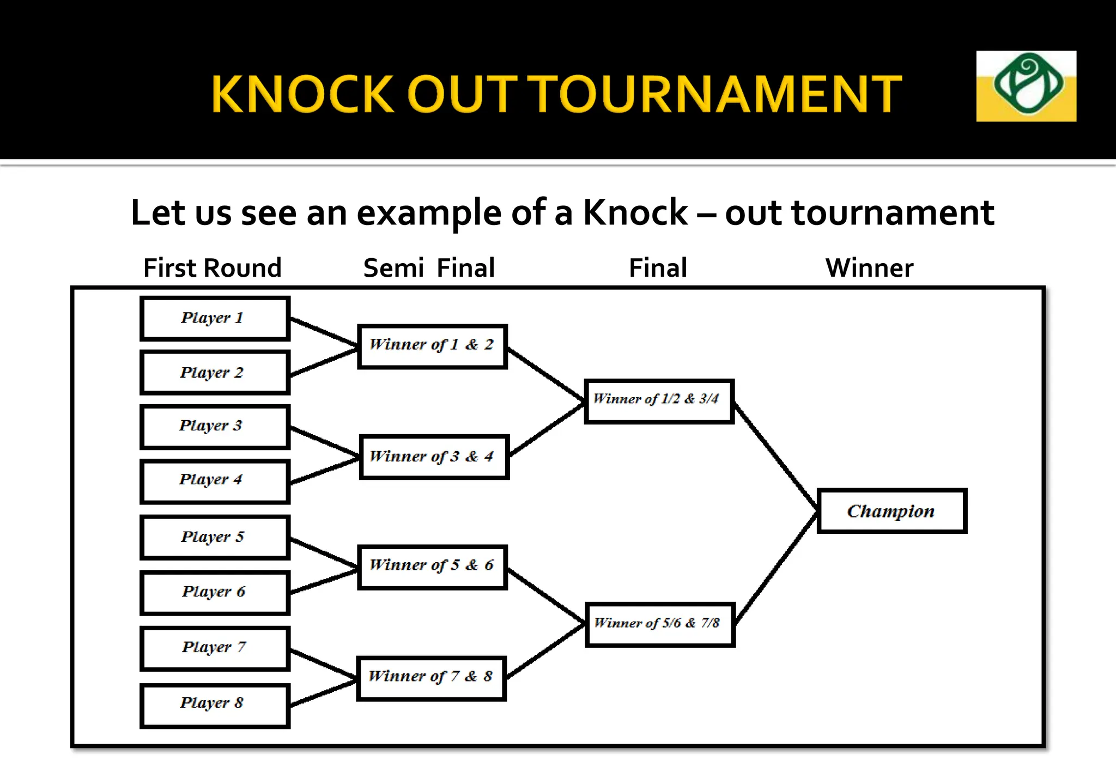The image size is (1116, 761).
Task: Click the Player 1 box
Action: click(x=215, y=319)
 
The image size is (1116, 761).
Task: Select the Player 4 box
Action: click(x=215, y=481)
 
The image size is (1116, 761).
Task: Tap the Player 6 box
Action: click(x=215, y=593)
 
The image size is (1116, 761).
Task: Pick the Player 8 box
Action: click(x=215, y=705)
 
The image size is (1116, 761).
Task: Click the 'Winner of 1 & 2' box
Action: click(x=432, y=346)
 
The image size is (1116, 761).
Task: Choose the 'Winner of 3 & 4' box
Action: click(x=434, y=457)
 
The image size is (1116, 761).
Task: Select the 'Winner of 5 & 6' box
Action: click(x=432, y=567)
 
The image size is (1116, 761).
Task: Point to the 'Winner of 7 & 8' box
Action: click(x=431, y=678)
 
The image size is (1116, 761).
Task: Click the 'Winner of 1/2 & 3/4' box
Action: click(x=659, y=401)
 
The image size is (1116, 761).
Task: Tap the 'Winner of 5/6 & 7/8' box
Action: click(x=660, y=624)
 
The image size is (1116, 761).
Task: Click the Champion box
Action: click(x=891, y=511)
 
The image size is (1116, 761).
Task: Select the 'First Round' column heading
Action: click(x=212, y=268)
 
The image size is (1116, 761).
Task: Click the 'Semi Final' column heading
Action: click(x=429, y=268)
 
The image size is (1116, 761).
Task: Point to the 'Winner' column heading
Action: click(x=869, y=268)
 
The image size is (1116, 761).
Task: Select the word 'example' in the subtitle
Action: click(x=428, y=212)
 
